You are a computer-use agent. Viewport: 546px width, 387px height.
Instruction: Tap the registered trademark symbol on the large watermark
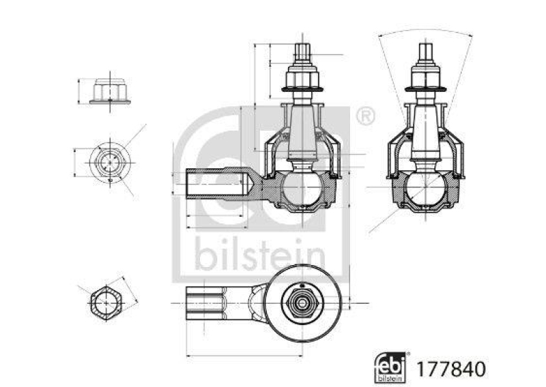(366, 117)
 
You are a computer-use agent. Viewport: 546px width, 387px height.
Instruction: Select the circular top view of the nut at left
(107, 161)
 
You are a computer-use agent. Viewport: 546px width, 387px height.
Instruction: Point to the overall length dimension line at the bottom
(259, 354)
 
